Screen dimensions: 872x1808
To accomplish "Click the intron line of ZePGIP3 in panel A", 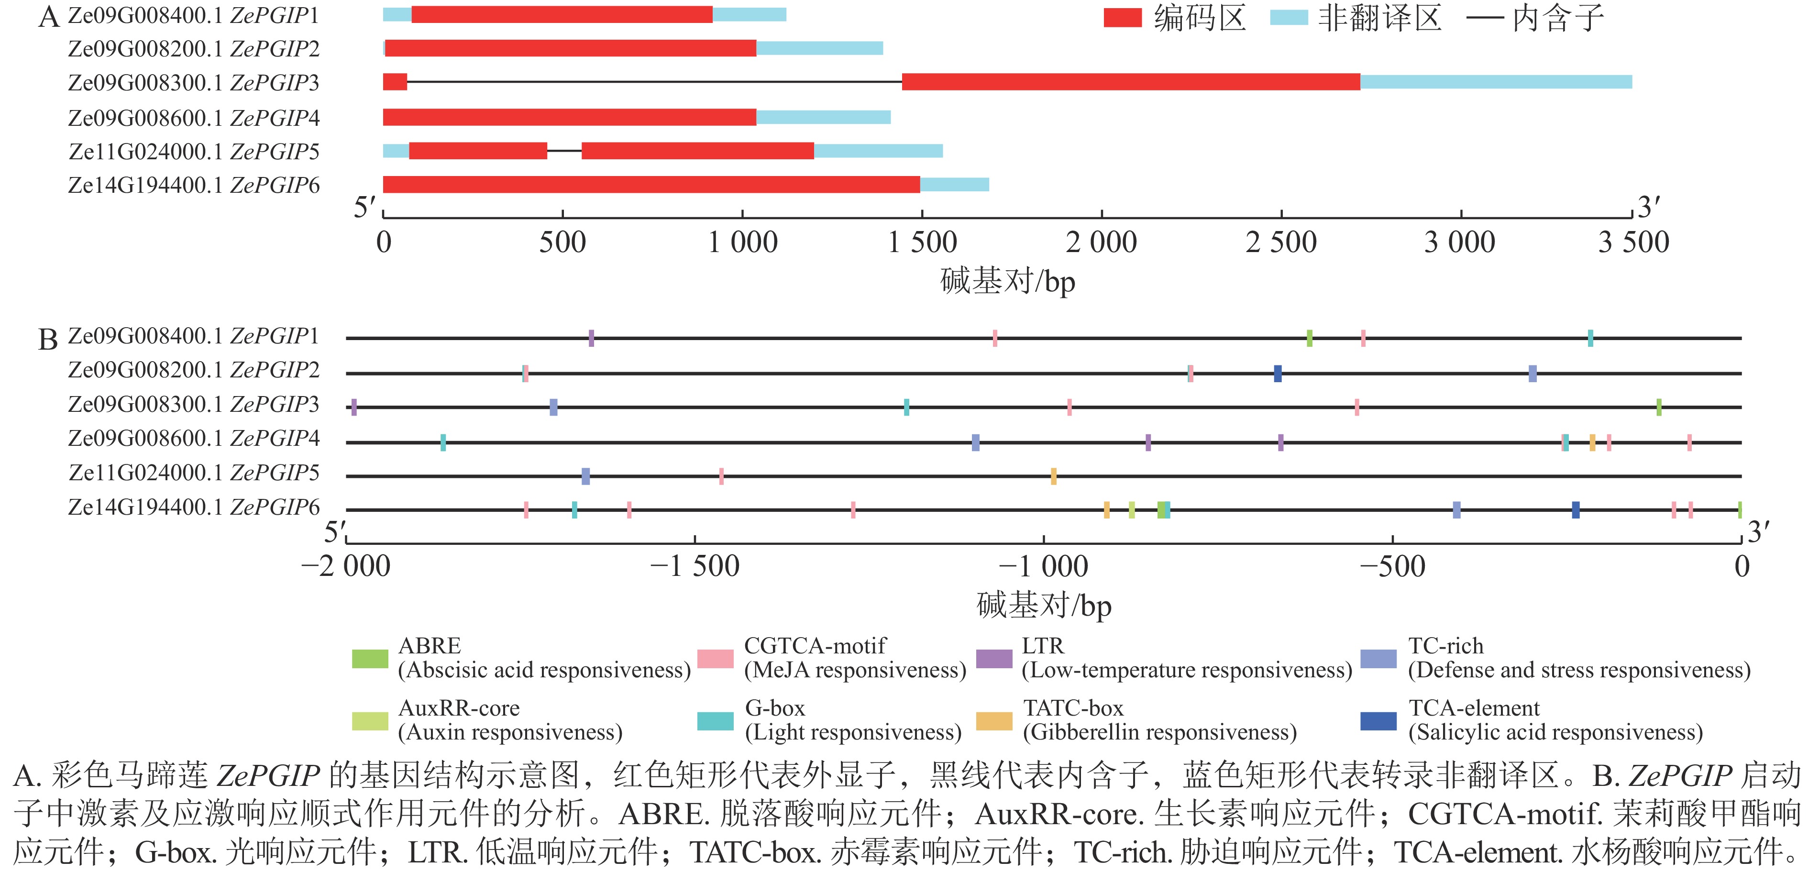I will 653,82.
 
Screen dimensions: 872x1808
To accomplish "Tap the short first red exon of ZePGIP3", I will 395,82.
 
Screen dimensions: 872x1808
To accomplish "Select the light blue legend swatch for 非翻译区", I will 1289,18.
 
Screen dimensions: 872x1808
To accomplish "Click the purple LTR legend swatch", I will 994,659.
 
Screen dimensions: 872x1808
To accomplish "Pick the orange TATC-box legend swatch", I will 994,721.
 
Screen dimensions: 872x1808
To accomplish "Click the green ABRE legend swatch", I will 370,659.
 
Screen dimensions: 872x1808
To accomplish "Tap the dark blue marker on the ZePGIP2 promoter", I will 1278,374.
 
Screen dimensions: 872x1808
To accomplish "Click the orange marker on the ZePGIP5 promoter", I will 1053,476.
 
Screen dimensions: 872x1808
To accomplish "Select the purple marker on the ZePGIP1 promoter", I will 591,338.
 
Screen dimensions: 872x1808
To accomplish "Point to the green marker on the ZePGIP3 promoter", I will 1658,407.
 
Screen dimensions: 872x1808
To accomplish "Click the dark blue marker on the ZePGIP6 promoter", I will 1576,510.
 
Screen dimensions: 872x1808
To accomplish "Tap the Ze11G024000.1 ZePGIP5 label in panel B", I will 194,473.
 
